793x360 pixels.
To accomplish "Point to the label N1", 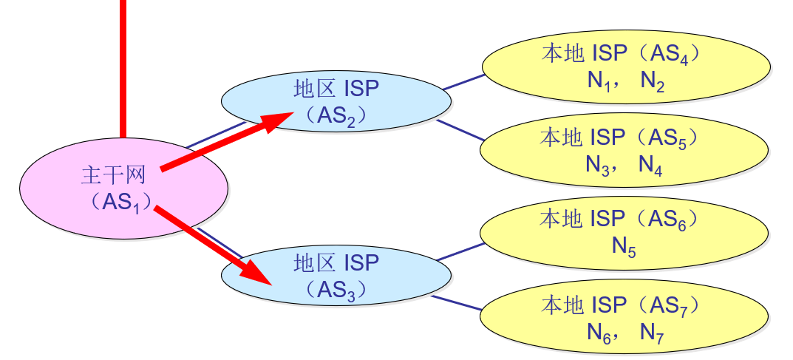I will click(597, 81).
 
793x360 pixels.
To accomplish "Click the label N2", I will click(652, 81).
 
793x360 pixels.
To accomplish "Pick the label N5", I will click(624, 247).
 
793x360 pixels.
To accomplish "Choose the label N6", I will click(597, 333).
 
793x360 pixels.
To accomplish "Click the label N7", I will click(652, 333).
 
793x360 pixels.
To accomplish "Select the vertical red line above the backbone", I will click(123, 67).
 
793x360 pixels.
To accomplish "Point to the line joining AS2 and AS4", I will click(464, 81).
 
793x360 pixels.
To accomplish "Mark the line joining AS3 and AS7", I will click(458, 302).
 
